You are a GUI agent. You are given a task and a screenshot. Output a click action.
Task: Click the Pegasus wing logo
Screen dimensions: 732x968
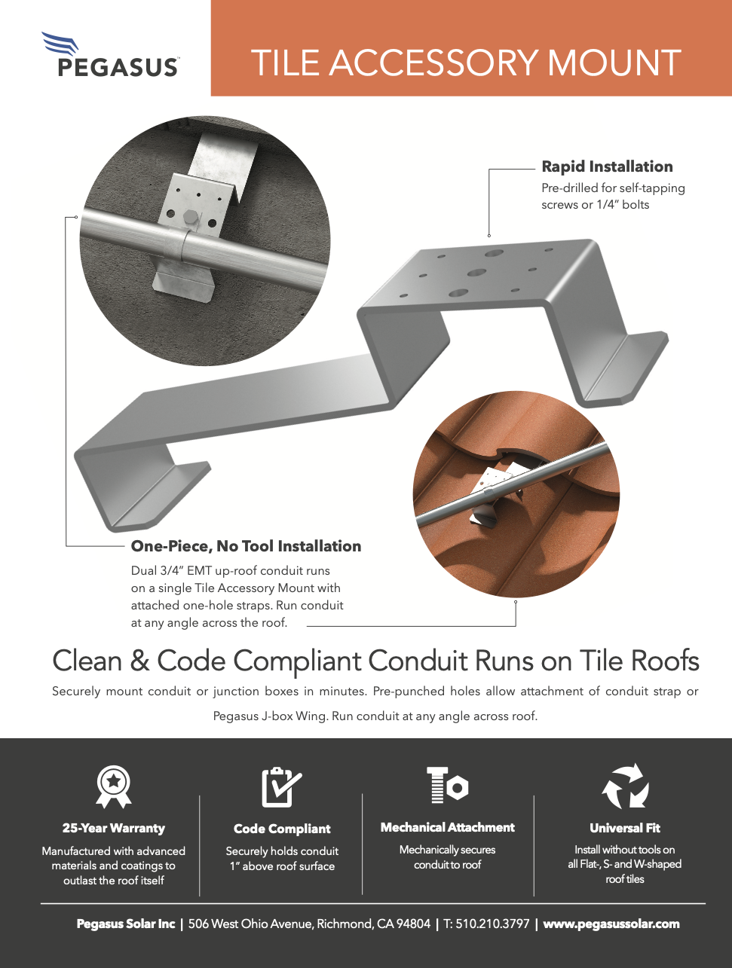(60, 43)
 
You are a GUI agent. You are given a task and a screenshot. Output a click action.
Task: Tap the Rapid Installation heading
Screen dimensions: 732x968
(607, 166)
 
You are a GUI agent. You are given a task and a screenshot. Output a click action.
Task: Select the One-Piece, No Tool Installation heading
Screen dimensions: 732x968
(246, 546)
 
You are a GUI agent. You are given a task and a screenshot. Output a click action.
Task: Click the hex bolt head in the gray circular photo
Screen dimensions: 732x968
(190, 218)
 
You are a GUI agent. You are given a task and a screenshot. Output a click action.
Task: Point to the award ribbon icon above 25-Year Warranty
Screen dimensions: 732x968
(114, 786)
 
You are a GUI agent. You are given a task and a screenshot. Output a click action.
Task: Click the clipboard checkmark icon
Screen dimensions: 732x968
(281, 787)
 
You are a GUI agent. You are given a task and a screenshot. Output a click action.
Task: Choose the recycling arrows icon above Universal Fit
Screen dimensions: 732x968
(625, 786)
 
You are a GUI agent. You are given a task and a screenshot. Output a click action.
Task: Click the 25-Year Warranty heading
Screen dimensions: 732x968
(113, 828)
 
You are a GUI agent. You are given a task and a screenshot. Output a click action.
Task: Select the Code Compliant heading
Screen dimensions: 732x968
(282, 829)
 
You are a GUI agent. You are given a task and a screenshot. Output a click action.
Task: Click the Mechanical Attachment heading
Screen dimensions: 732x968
(447, 827)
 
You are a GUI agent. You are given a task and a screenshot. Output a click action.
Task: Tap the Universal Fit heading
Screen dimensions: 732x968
(625, 828)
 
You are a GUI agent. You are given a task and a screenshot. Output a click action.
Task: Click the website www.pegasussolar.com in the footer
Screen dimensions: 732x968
(611, 924)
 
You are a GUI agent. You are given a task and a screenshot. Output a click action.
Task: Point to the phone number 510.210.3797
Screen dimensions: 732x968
(492, 924)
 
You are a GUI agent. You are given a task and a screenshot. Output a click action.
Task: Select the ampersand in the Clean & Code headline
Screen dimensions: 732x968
(139, 661)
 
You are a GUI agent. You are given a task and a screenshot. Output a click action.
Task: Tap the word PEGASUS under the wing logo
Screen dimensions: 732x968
(118, 68)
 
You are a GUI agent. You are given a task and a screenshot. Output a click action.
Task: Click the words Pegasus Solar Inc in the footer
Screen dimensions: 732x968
(126, 924)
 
